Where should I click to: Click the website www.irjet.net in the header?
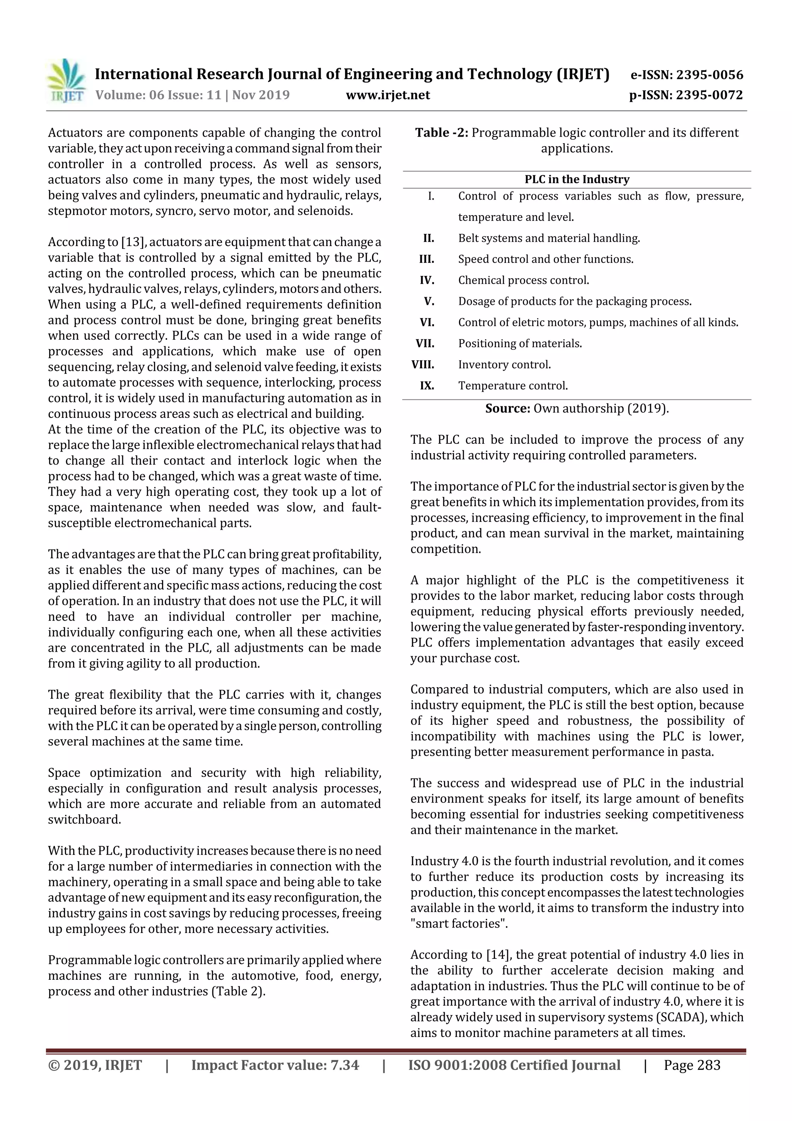[388, 95]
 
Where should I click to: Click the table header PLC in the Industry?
[577, 179]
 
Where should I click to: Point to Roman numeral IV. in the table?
[427, 280]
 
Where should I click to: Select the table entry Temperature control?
[513, 386]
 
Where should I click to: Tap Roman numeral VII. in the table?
[425, 343]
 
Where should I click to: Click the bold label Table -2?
[442, 133]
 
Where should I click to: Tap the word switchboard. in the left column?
[84, 820]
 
